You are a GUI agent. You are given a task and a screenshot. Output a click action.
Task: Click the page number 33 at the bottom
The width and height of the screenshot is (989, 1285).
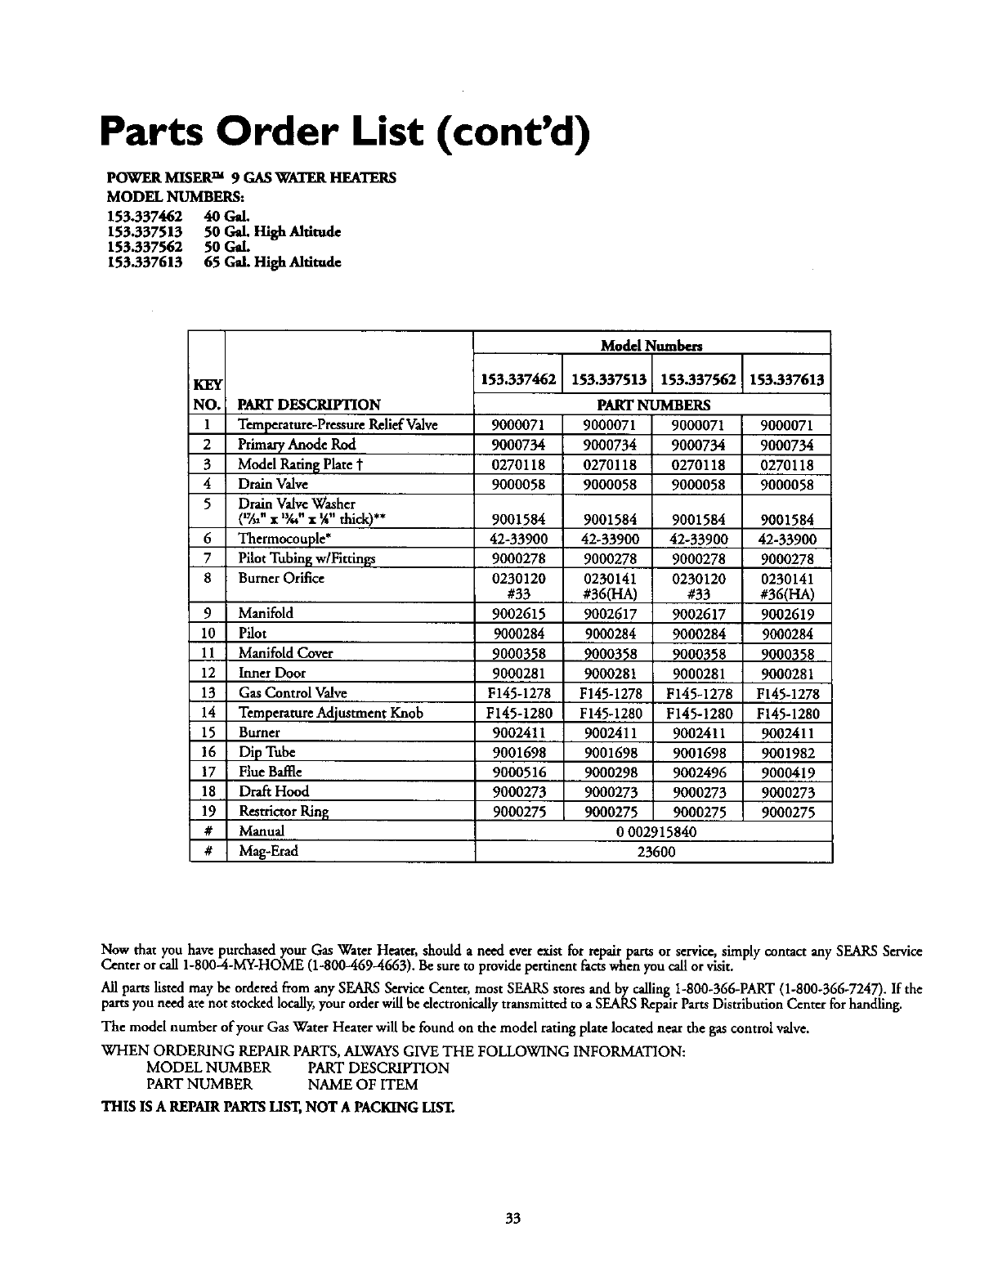(512, 1219)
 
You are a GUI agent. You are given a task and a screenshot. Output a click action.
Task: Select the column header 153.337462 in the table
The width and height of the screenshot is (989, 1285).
(518, 379)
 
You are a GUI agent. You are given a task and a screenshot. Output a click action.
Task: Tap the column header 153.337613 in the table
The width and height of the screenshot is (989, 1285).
(785, 379)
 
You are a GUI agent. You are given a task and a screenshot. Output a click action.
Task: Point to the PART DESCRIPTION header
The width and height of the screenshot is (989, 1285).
(309, 405)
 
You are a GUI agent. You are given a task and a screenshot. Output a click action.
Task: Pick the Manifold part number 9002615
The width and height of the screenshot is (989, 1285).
(518, 614)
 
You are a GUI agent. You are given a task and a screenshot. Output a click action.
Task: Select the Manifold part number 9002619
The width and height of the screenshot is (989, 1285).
(785, 614)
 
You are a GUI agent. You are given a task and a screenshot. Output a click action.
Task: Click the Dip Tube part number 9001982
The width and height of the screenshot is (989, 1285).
(785, 753)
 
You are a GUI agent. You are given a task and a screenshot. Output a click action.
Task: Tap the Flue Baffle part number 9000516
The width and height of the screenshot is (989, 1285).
(518, 772)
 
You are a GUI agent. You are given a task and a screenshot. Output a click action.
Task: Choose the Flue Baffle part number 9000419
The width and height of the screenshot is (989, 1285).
(785, 772)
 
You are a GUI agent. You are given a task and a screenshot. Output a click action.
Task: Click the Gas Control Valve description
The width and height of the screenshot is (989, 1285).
(293, 693)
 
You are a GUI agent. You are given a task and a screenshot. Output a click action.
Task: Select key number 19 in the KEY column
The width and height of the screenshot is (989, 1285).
(208, 812)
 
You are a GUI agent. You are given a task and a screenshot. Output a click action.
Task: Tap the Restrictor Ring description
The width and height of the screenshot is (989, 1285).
(284, 812)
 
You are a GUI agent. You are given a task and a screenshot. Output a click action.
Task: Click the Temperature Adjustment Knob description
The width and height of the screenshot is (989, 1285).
(330, 713)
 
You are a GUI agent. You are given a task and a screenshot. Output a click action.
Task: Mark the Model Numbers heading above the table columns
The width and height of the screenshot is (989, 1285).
(651, 346)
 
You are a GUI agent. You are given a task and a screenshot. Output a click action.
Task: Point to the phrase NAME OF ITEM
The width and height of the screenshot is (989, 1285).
(362, 1085)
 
